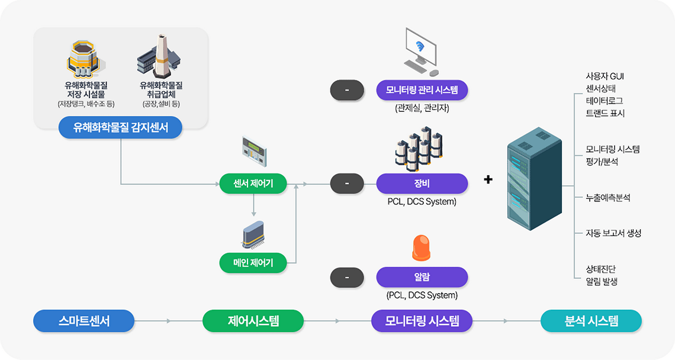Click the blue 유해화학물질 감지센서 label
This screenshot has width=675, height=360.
[x=120, y=127]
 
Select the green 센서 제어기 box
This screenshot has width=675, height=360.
[x=253, y=184]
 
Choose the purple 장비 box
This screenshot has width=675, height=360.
[x=422, y=184]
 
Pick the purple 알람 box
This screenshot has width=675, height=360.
[x=422, y=277]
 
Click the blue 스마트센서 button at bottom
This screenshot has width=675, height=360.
[x=84, y=321]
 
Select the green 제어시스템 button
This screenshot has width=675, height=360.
[x=253, y=321]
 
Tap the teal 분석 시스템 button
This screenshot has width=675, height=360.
[x=591, y=321]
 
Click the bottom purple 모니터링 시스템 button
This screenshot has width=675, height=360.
[x=422, y=321]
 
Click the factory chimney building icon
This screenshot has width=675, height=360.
[x=159, y=57]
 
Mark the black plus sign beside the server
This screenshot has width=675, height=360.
[x=488, y=179]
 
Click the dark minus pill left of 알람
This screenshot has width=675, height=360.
[x=346, y=277]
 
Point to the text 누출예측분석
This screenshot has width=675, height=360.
[x=607, y=198]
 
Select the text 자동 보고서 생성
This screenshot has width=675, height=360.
[x=613, y=233]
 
